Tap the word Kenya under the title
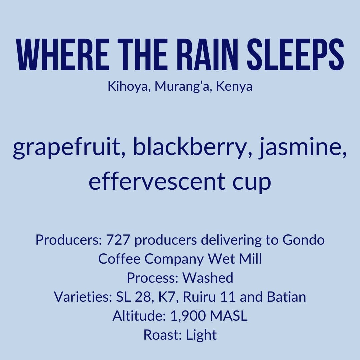pyautogui.click(x=234, y=87)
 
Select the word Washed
pyautogui.click(x=208, y=278)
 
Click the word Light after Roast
pyautogui.click(x=201, y=335)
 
